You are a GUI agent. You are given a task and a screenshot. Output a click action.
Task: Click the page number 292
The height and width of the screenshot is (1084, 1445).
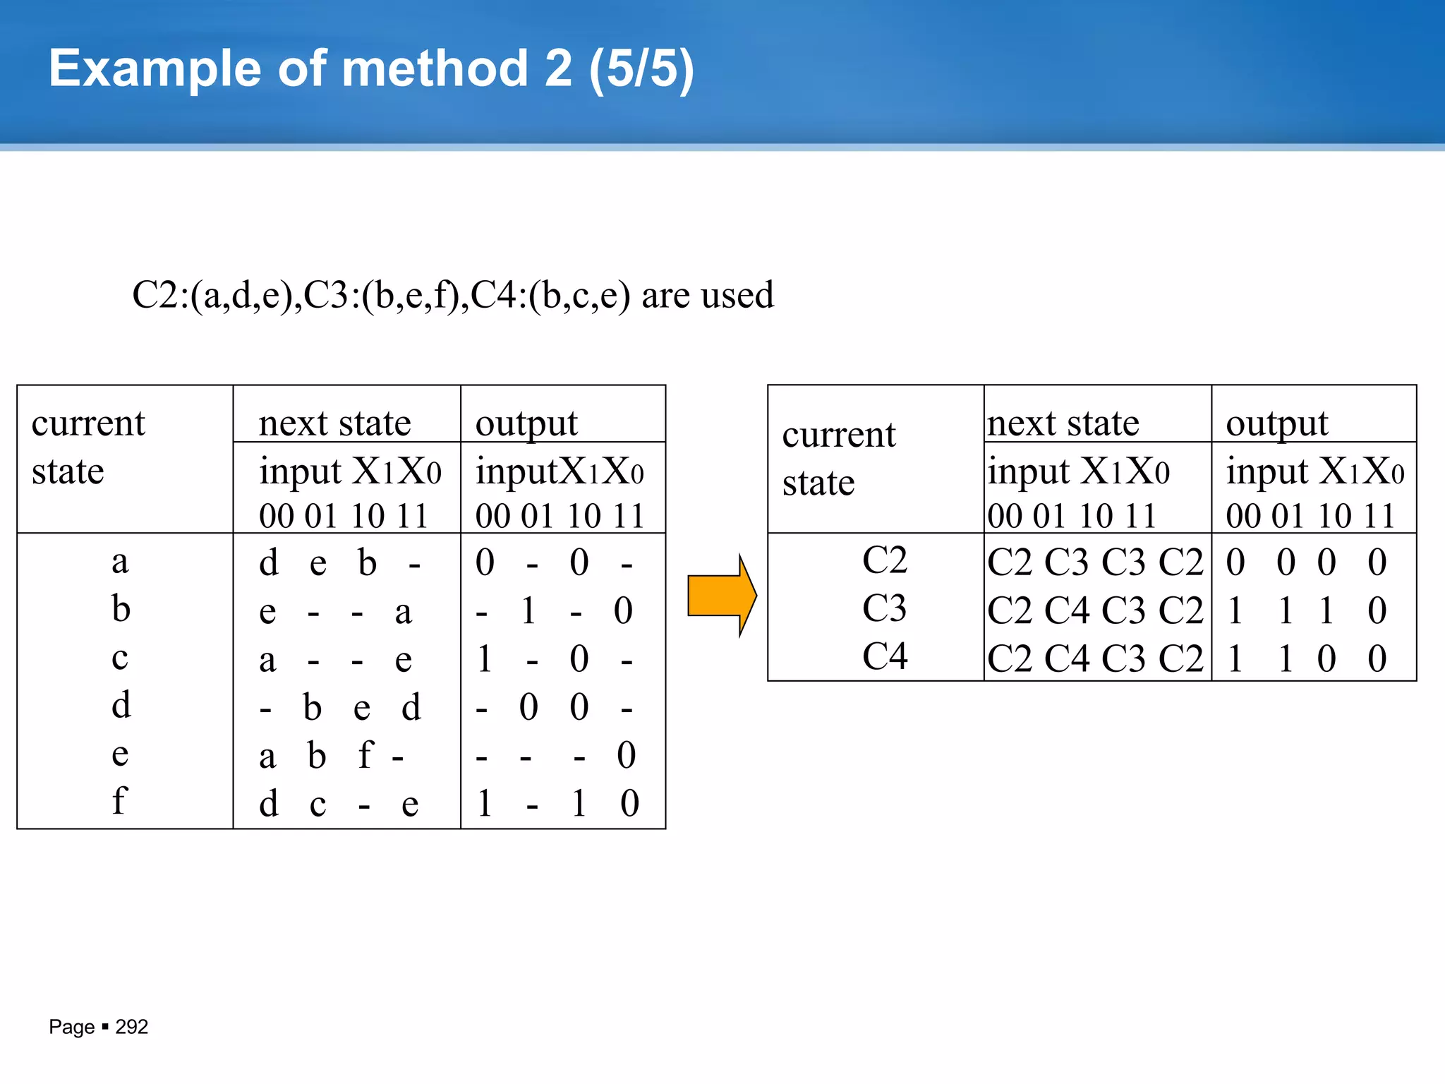131,1027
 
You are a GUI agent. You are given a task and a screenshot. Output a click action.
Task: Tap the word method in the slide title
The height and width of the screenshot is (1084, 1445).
434,69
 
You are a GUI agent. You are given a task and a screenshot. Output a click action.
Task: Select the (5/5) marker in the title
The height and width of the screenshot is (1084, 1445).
641,69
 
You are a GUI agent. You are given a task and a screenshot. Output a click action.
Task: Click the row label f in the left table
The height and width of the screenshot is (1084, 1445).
119,801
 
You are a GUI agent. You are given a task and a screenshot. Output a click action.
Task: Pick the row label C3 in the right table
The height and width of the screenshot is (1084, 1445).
884,608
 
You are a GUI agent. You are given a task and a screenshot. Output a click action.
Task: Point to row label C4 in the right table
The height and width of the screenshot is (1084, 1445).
884,656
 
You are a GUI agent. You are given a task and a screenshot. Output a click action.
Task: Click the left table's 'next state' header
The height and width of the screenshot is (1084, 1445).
334,423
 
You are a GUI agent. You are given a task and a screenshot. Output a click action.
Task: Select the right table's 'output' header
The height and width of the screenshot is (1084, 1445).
1276,423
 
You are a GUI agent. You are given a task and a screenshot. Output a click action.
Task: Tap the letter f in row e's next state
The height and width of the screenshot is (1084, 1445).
365,754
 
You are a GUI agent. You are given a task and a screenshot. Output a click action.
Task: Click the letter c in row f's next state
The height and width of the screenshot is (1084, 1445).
318,805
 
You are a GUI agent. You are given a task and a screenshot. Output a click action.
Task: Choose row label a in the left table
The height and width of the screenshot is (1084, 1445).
120,562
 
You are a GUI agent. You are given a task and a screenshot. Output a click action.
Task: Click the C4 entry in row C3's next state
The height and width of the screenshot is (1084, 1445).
1067,610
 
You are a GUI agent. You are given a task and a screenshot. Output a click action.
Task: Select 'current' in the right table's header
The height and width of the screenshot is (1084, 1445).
838,435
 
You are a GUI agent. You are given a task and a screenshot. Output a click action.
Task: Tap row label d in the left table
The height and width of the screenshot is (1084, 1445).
121,705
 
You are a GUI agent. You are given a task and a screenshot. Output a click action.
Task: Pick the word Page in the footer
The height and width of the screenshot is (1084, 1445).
71,1027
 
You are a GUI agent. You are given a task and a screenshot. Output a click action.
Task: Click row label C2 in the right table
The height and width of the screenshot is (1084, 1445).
884,560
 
